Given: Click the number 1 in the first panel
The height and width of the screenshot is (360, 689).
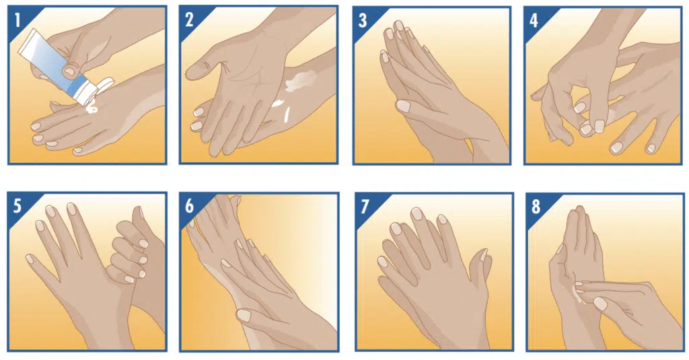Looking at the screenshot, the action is click(x=17, y=20).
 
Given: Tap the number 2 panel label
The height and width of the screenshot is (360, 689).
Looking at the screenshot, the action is click(x=189, y=20).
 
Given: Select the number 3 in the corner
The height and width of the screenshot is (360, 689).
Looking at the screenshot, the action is click(x=362, y=21).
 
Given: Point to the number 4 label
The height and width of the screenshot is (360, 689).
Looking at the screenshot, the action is click(x=534, y=21).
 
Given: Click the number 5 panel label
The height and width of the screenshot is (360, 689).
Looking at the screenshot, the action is click(x=17, y=206).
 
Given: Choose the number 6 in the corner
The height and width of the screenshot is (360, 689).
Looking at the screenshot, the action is click(x=189, y=206).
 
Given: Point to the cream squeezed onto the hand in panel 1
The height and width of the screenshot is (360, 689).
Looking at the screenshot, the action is click(x=92, y=107).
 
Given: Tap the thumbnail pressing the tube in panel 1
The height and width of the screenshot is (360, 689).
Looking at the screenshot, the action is click(x=70, y=71).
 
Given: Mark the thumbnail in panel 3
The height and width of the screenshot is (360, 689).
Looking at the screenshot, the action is click(x=403, y=106).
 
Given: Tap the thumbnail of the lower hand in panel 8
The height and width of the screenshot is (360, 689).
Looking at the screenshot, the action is click(x=600, y=303).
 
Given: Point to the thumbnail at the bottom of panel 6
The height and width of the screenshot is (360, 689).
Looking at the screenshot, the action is click(x=244, y=315).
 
